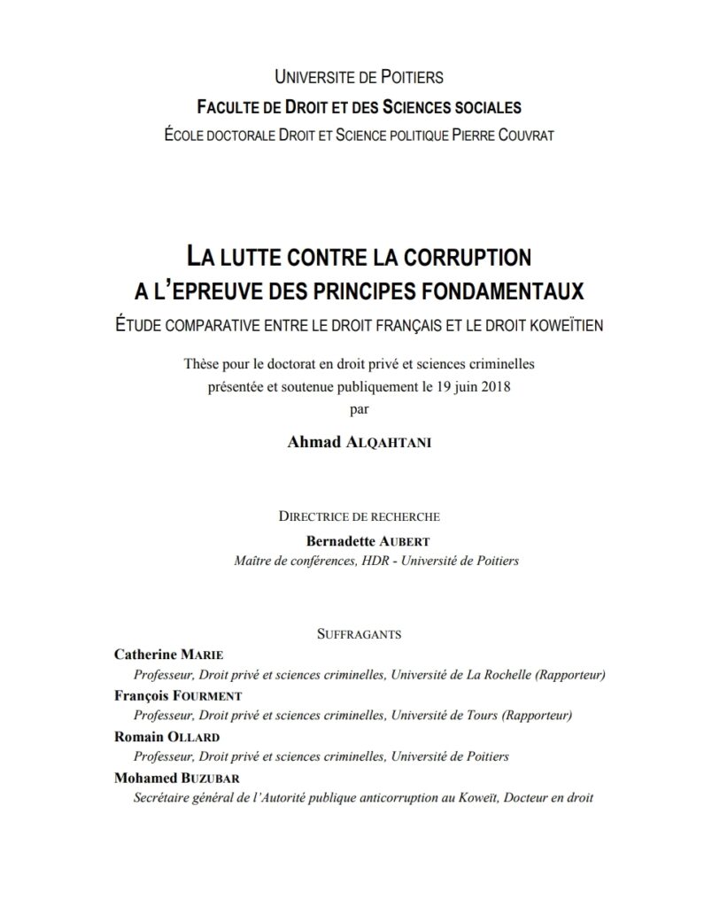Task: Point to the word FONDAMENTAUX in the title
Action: point(496,290)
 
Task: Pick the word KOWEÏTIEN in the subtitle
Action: point(561,324)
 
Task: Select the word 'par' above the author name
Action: point(352,408)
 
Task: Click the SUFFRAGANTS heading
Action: point(359,633)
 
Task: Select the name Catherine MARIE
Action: point(169,655)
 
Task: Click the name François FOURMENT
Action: point(178,695)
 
